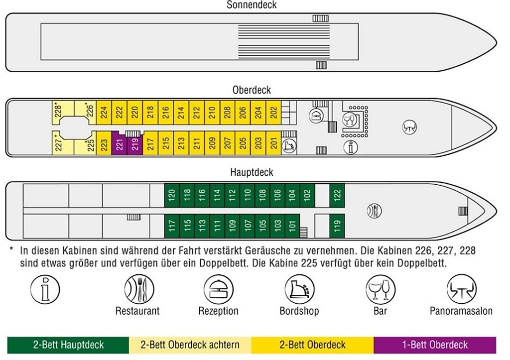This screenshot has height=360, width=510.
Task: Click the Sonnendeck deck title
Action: [252, 5]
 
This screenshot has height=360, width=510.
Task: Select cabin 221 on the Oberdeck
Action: [120, 144]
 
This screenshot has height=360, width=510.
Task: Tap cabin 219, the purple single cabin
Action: [135, 145]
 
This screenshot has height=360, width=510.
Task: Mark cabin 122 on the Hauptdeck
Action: [337, 195]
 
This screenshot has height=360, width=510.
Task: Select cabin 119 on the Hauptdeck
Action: [337, 226]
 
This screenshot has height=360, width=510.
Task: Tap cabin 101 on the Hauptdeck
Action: [292, 226]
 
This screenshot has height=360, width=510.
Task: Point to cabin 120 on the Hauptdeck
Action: [172, 195]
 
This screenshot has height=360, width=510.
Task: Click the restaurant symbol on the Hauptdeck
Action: [374, 210]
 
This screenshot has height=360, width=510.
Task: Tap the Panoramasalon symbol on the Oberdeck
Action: [409, 127]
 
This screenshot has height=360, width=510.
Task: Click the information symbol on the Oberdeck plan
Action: [351, 147]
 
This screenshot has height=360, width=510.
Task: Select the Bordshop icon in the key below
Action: [299, 289]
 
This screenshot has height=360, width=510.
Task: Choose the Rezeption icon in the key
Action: [218, 289]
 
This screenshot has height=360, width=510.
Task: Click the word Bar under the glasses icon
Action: [380, 311]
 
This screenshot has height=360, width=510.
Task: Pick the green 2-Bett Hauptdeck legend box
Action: [68, 345]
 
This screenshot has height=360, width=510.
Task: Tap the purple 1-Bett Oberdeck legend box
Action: [435, 345]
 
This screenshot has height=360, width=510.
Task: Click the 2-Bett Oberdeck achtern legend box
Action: [190, 345]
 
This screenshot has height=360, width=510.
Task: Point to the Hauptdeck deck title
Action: [252, 173]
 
